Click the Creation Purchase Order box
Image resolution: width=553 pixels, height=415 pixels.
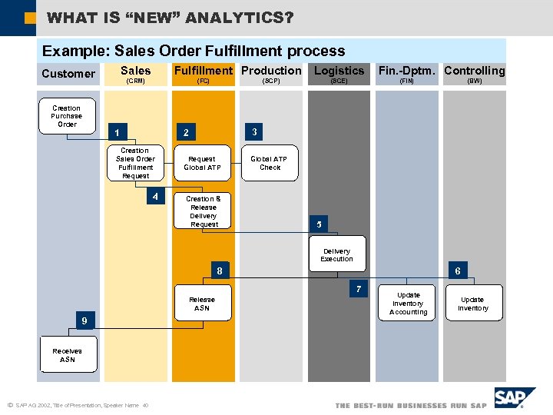[x=67, y=116]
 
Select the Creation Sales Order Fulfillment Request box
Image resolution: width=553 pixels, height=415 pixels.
[x=135, y=163]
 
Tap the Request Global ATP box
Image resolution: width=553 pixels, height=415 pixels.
[x=202, y=163]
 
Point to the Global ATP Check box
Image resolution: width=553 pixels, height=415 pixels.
[x=270, y=163]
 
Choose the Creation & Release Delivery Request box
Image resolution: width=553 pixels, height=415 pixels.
[x=204, y=211]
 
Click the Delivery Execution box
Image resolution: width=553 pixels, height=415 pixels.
[x=336, y=254]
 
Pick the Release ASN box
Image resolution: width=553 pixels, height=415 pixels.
[x=202, y=304]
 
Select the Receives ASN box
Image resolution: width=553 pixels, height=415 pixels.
[x=68, y=354]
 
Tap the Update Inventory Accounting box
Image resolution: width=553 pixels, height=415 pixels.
[x=408, y=304]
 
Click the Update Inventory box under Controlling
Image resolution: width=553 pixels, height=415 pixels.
[x=472, y=304]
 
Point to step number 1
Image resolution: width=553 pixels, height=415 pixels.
[x=116, y=131]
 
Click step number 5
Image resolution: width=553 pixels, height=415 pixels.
[x=319, y=224]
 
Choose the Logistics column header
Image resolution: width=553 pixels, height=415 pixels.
[x=339, y=71]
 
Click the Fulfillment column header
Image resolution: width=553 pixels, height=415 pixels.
[x=203, y=71]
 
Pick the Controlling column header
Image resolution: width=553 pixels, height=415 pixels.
[x=474, y=71]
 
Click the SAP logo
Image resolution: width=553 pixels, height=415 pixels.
[x=511, y=398]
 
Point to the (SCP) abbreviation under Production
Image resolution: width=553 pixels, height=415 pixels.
[x=271, y=81]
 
